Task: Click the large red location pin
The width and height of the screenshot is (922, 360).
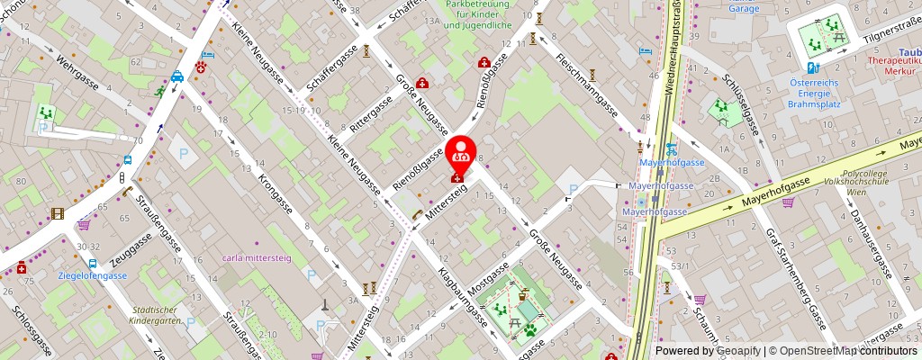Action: pyautogui.click(x=461, y=155)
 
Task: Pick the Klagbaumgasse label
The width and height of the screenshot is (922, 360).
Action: pyautogui.click(x=463, y=296)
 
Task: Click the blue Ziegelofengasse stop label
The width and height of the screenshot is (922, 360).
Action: pyautogui.click(x=92, y=275)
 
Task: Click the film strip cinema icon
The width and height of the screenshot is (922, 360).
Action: pyautogui.click(x=59, y=213)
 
